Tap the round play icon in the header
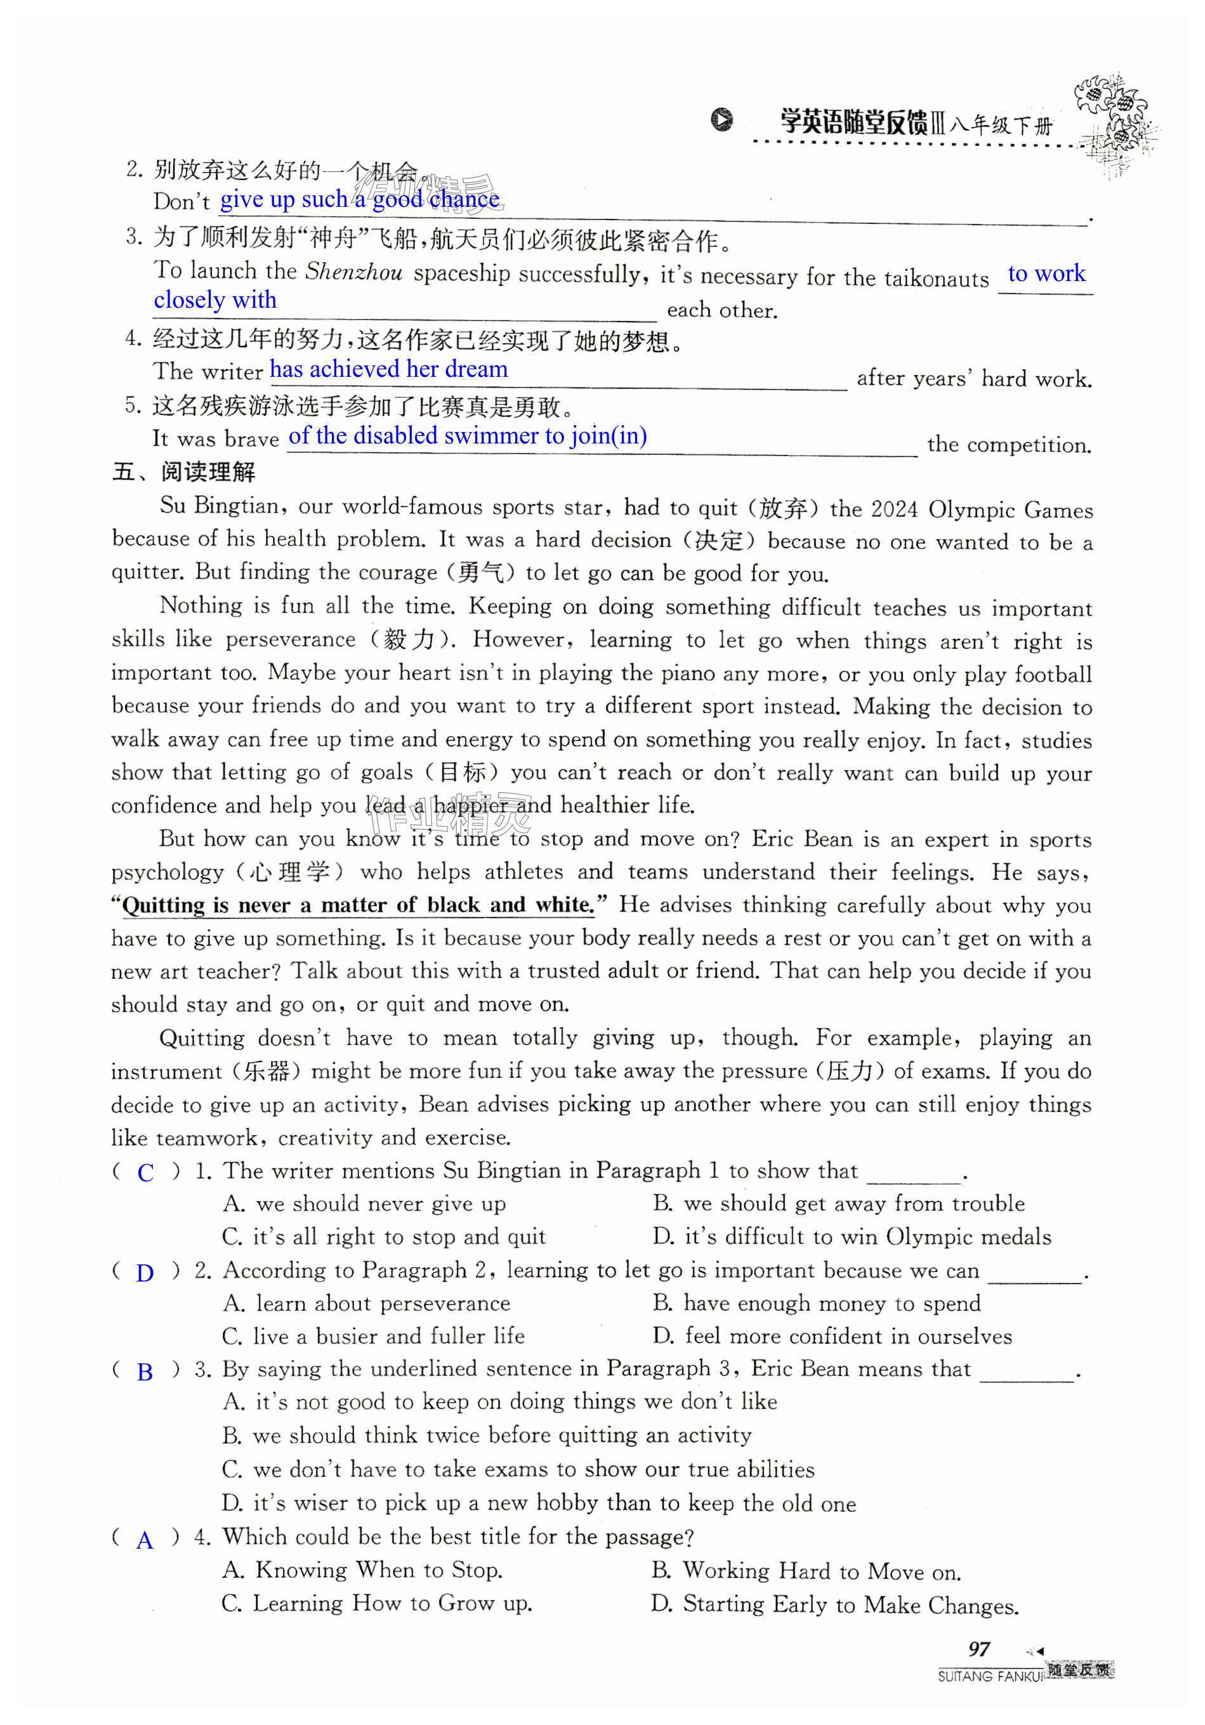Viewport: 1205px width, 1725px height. pos(721,119)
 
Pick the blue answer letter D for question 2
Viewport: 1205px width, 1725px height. pos(145,1273)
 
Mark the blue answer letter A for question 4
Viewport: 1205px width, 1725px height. pos(145,1541)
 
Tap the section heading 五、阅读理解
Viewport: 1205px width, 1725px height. pos(184,472)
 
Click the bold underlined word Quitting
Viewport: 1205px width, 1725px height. pos(163,905)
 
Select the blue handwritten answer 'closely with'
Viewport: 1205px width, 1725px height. pos(215,300)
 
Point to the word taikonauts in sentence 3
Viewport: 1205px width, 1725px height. pos(936,279)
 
